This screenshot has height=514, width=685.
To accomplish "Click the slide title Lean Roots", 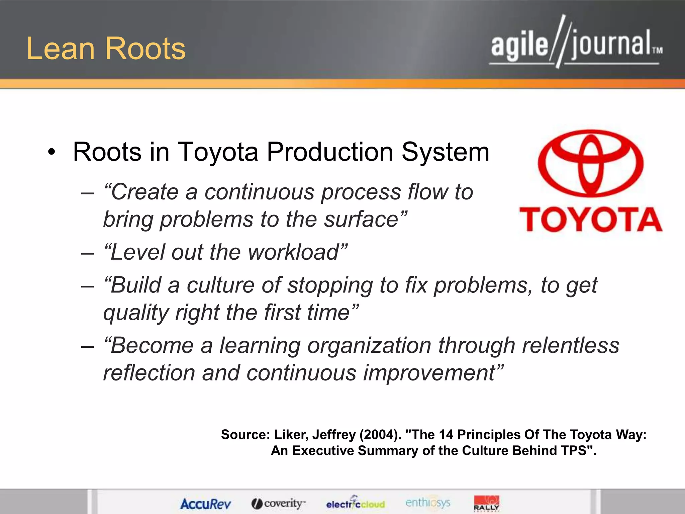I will coord(106,49).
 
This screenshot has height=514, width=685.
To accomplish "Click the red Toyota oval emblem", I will coord(591,163).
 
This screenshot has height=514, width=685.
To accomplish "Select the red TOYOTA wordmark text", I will coord(591,220).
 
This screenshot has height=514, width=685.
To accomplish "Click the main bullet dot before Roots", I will coord(51,153).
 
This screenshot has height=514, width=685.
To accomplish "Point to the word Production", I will coord(330,152).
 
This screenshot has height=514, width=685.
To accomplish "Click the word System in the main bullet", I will coord(445,153).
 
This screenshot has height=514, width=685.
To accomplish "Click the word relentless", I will coord(571,345).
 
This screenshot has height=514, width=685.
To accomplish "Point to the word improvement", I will coord(429,373).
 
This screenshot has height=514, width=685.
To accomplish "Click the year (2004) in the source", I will coord(380,435).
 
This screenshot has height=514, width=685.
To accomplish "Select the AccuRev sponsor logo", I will coord(205,504).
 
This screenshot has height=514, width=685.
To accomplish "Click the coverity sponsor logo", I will coord(278,503).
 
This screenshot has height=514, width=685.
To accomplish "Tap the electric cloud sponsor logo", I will coord(355,503).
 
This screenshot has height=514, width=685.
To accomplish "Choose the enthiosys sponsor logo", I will coord(428,503).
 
